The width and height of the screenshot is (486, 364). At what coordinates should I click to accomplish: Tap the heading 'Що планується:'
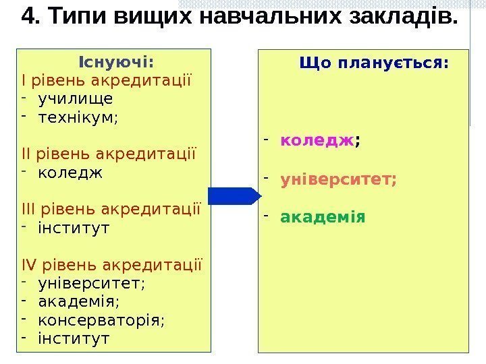pos(373,63)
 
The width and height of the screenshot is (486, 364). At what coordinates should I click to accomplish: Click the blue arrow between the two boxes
pos(234,195)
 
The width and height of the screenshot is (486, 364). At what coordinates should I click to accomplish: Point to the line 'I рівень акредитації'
pos(107,82)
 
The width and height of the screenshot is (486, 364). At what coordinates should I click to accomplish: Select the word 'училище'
pos(76,99)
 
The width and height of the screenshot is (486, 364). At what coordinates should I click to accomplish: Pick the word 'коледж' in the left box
pos(70,172)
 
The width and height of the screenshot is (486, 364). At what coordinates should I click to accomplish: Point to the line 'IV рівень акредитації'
pos(111,264)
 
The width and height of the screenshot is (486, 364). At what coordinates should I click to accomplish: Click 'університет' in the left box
pos(90,282)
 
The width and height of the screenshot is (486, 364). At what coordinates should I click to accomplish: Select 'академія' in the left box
pos(78,300)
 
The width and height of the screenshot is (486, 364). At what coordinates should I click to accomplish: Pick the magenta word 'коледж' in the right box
pos(317,140)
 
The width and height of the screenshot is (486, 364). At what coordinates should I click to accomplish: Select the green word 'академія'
pos(323,217)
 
